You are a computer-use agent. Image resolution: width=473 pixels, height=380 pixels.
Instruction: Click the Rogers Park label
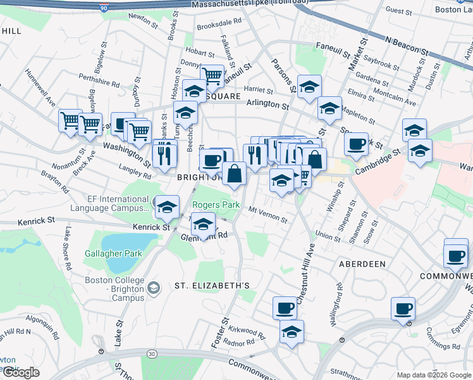click(x=216, y=205)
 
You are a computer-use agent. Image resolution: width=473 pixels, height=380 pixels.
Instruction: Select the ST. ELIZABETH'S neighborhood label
click(x=212, y=286)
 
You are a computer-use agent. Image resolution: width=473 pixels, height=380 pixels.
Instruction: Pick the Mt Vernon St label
click(x=267, y=215)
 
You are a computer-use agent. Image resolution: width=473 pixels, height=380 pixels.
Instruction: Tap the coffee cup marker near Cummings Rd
click(x=403, y=309)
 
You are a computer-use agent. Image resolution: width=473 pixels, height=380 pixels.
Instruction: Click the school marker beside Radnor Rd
click(x=292, y=332)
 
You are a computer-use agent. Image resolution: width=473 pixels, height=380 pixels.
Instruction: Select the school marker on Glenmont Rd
click(x=203, y=225)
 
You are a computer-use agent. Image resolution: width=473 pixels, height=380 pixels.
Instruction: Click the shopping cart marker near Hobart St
click(x=212, y=77)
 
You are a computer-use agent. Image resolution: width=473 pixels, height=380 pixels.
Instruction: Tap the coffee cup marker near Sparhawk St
click(x=357, y=143)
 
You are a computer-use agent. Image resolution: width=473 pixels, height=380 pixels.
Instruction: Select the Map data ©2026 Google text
click(x=434, y=375)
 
